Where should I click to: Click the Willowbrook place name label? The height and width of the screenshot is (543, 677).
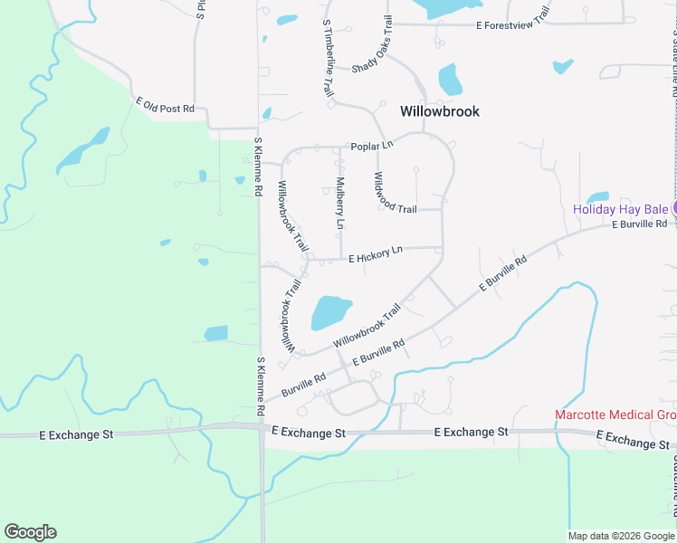pos(439,111)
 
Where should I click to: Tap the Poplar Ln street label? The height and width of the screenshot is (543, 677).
pos(372,146)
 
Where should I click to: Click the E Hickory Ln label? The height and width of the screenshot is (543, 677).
pos(375,255)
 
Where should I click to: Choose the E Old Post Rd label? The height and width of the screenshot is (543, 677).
pos(165,105)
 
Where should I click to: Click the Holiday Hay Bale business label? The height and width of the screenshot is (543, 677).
pos(620,208)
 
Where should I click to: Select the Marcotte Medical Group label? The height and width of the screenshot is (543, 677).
pos(615,415)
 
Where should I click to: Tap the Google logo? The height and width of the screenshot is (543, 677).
pos(30,532)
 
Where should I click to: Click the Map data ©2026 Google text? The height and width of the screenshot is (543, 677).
pos(620,536)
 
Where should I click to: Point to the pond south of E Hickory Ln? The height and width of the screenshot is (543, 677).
pos(330,312)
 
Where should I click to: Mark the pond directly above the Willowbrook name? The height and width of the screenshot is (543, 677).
pos(450,80)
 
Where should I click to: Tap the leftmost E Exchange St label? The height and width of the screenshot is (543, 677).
pos(76,434)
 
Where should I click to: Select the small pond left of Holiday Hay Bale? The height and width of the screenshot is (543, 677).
pos(597,197)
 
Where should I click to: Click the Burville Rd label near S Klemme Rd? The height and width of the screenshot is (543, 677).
pos(302,385)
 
